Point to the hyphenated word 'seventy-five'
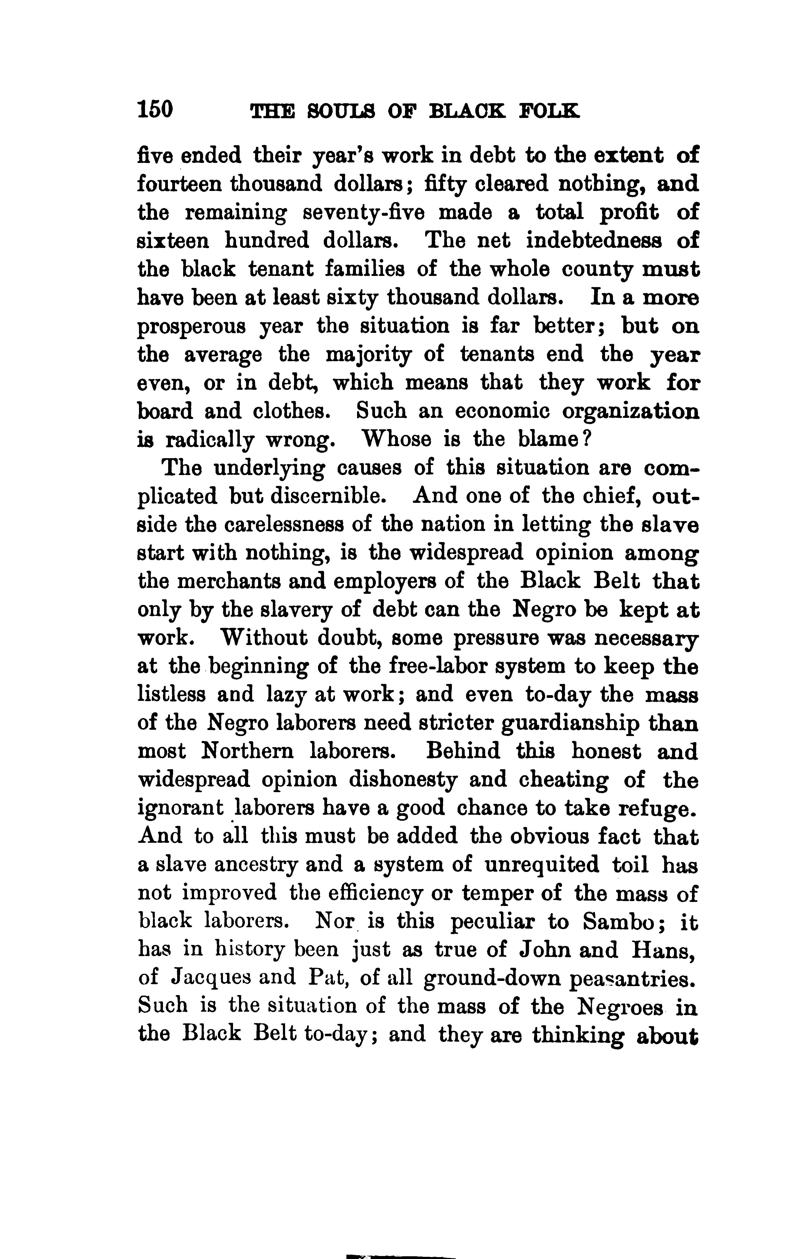(x=365, y=213)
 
